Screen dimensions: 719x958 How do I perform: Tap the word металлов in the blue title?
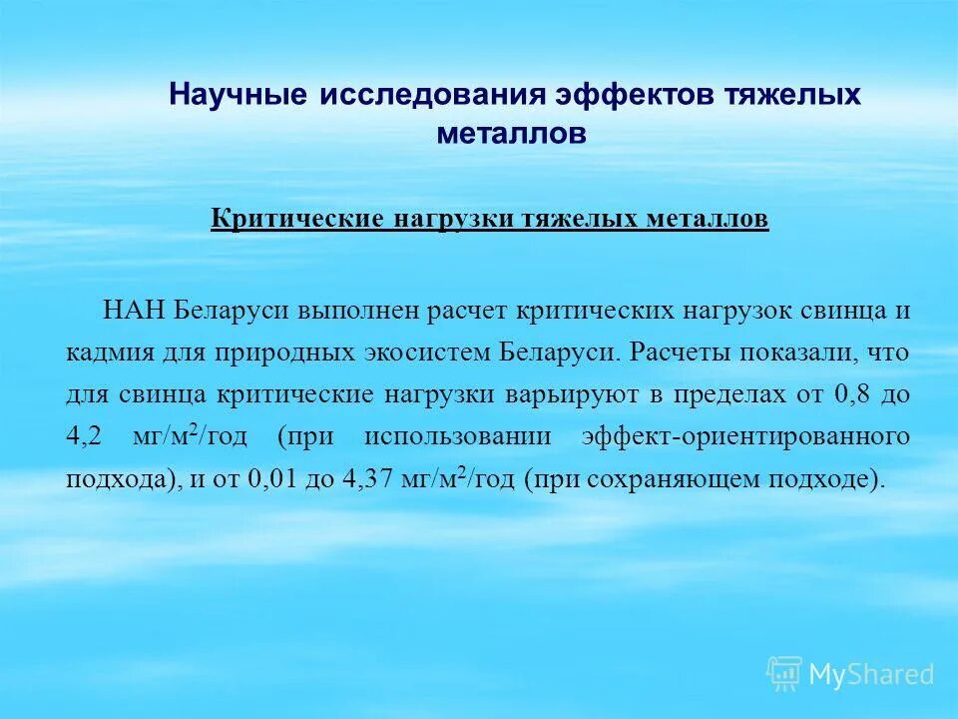pyautogui.click(x=511, y=133)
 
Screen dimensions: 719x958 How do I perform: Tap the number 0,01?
pyautogui.click(x=272, y=480)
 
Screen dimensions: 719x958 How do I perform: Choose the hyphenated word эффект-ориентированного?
pyautogui.click(x=744, y=437)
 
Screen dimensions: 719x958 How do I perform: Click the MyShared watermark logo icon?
pyautogui.click(x=783, y=674)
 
